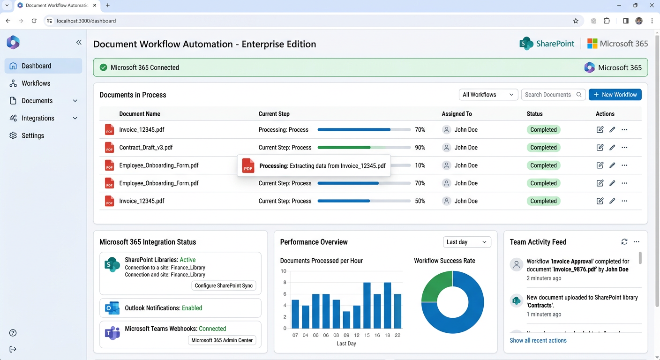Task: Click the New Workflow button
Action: [x=615, y=95]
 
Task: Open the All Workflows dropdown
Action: [x=488, y=95]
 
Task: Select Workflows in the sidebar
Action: [x=36, y=83]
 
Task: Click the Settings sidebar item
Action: [x=33, y=135]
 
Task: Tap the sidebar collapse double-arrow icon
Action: [x=79, y=42]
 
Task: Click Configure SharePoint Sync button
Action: [x=224, y=285]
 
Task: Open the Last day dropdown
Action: [x=466, y=242]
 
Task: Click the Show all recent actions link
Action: [x=538, y=340]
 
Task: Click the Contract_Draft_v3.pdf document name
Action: [x=146, y=148]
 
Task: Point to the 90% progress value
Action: [x=420, y=148]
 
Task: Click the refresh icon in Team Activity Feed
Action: [x=624, y=242]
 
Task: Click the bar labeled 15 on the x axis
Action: [x=367, y=305]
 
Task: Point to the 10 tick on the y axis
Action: [x=283, y=271]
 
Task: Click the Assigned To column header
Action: [x=457, y=114]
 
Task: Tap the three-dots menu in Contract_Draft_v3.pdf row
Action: [x=624, y=148]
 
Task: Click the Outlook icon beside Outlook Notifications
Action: [x=112, y=308]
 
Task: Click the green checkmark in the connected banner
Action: [x=103, y=67]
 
